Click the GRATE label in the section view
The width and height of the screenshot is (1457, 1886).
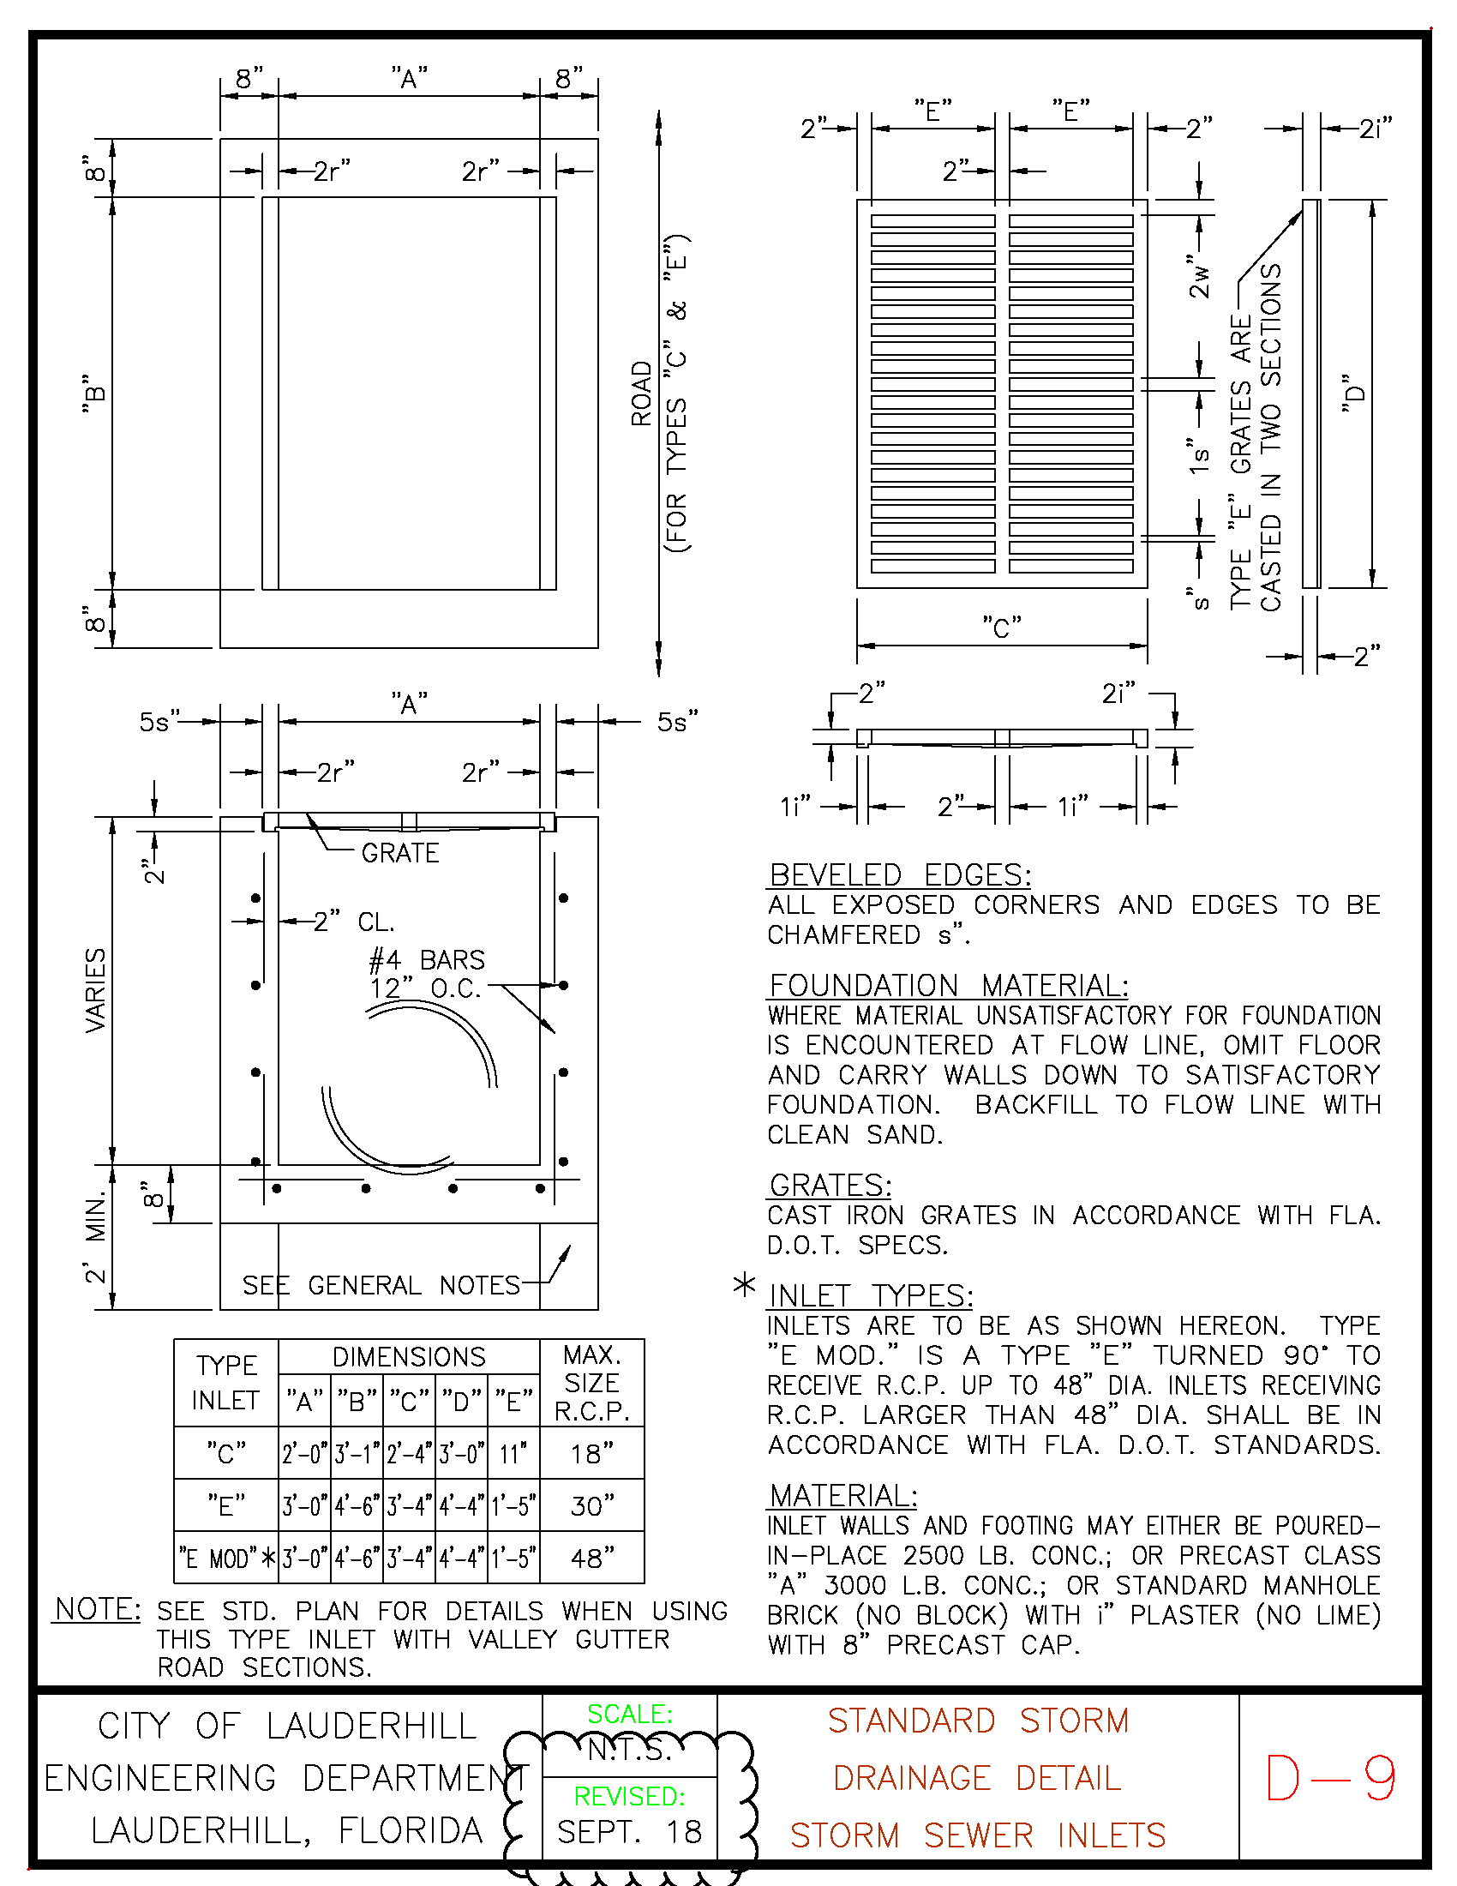pyautogui.click(x=399, y=853)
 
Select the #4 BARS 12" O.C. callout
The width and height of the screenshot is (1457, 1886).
pyautogui.click(x=427, y=974)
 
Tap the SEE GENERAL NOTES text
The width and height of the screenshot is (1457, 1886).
pyautogui.click(x=381, y=1285)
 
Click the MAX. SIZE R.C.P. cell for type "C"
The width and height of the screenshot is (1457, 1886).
pyautogui.click(x=591, y=1454)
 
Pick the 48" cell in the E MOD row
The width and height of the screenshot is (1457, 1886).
pyautogui.click(x=591, y=1559)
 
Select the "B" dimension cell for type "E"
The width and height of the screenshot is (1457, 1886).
pyautogui.click(x=357, y=1507)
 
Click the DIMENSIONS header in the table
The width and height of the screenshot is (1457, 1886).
pyautogui.click(x=408, y=1357)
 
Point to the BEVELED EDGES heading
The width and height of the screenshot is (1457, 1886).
pyautogui.click(x=899, y=874)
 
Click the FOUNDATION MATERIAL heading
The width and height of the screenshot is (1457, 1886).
pyautogui.click(x=948, y=985)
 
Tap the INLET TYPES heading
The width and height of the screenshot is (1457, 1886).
pyautogui.click(x=870, y=1295)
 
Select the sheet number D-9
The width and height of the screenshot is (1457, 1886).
pyautogui.click(x=1329, y=1778)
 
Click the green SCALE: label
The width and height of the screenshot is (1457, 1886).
pyautogui.click(x=629, y=1715)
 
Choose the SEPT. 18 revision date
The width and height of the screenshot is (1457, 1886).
pyautogui.click(x=629, y=1832)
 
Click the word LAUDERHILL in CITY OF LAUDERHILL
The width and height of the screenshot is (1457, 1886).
pyautogui.click(x=371, y=1727)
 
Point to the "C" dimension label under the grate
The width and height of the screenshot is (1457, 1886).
pyautogui.click(x=1001, y=628)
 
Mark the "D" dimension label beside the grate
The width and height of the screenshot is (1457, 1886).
pyautogui.click(x=1354, y=393)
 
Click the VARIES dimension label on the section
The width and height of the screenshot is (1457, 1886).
pyautogui.click(x=96, y=989)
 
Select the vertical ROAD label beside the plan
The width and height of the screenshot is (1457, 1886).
pyautogui.click(x=641, y=393)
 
